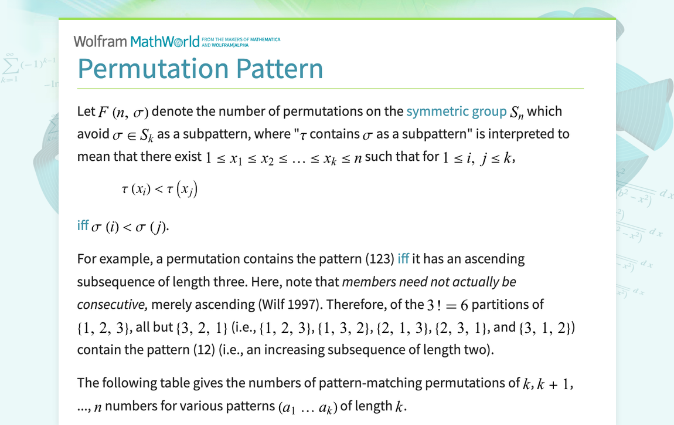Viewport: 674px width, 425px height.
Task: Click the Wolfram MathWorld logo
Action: pos(137,41)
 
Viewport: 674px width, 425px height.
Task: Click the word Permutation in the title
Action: pos(154,69)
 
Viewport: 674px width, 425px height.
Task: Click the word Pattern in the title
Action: pos(280,69)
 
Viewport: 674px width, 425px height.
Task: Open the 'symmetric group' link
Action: pos(457,112)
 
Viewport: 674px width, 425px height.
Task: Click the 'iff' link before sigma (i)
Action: pos(83,225)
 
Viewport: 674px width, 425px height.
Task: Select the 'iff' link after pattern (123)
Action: pos(403,259)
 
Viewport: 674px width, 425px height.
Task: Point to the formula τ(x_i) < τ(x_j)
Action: pos(159,189)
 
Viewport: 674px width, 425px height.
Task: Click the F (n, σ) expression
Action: pos(123,112)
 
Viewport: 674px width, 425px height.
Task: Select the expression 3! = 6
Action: pos(447,305)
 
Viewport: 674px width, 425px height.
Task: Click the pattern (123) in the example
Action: pos(380,259)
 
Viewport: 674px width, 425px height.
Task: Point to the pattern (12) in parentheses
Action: pos(204,350)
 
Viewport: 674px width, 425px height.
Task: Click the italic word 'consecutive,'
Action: pos(113,305)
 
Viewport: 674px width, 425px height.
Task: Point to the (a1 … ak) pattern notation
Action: pos(308,407)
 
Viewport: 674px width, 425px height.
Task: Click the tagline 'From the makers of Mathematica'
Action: pos(241,39)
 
